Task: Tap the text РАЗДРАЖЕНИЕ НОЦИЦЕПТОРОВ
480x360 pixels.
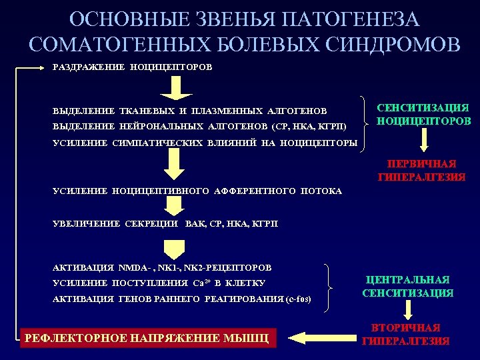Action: tap(133, 67)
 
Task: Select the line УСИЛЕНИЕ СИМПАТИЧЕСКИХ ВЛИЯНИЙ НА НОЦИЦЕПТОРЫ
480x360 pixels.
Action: tap(205, 143)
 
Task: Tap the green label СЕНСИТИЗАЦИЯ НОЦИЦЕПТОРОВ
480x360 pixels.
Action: tap(423, 114)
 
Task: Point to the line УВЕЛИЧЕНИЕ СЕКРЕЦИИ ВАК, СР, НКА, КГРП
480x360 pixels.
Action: tap(165, 224)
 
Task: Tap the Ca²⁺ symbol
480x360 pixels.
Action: tap(200, 283)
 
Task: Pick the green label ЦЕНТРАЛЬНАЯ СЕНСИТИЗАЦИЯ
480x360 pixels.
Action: tap(408, 286)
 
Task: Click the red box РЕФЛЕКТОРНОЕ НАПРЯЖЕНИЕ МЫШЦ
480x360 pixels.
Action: tap(147, 338)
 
